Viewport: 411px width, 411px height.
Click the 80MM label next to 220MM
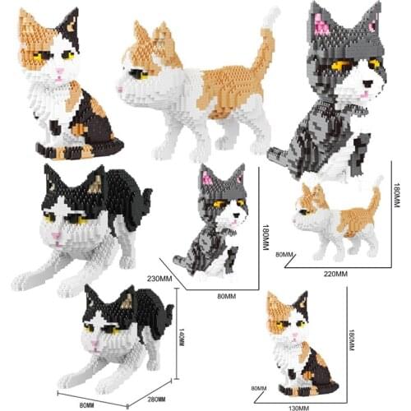284,255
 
